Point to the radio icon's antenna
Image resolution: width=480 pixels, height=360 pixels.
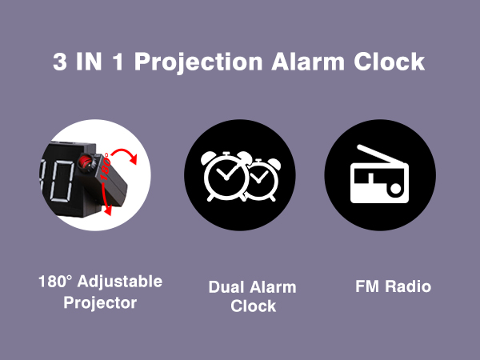374,156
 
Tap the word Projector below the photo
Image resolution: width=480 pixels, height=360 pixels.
100,303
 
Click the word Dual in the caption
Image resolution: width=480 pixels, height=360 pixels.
226,286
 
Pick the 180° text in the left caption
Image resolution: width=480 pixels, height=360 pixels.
55,282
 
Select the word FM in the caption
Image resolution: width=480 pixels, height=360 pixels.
367,286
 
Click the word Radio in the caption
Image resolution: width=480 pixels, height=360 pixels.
406,286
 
